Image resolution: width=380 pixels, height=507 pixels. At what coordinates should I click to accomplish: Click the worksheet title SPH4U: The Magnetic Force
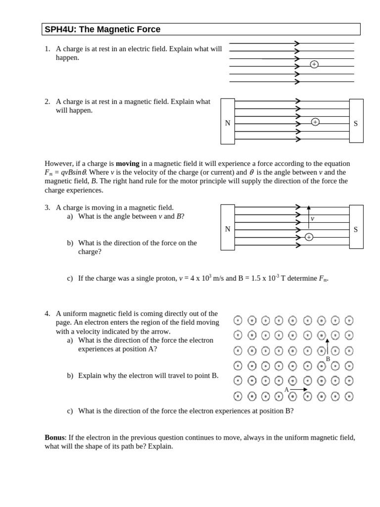click(x=102, y=29)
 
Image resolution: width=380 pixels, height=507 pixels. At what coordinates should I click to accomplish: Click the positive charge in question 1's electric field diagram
click(x=314, y=64)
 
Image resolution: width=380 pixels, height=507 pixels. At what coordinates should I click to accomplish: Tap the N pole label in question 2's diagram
click(x=228, y=123)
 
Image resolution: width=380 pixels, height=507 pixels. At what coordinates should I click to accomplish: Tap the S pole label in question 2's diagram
click(x=356, y=123)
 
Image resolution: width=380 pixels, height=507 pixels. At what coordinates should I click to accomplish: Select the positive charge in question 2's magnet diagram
click(x=315, y=122)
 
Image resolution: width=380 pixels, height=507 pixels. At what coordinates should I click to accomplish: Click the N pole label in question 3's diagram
click(x=228, y=229)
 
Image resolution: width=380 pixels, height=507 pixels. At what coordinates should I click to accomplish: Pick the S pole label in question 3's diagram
click(x=356, y=229)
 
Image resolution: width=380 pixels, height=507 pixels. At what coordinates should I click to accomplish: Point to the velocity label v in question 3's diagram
click(x=312, y=218)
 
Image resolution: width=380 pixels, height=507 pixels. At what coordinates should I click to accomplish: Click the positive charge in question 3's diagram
click(x=309, y=237)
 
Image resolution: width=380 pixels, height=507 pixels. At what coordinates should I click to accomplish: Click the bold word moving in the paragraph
click(x=128, y=163)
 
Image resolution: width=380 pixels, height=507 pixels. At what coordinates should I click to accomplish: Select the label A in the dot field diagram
click(x=286, y=390)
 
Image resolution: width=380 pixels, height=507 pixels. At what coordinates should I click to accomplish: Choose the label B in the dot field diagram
click(x=328, y=359)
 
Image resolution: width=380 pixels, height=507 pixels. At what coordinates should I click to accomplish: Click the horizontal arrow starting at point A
click(x=298, y=390)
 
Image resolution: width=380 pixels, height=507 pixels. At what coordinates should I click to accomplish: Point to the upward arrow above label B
click(x=327, y=346)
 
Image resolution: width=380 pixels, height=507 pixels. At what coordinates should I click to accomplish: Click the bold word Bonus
click(x=54, y=437)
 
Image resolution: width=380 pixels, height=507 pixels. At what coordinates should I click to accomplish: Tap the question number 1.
click(x=47, y=49)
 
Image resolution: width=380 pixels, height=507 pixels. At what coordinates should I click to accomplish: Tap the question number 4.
click(x=47, y=313)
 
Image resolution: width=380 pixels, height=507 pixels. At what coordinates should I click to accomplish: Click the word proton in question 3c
click(x=166, y=278)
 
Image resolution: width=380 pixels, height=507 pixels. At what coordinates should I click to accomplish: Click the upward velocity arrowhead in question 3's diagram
click(x=309, y=208)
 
